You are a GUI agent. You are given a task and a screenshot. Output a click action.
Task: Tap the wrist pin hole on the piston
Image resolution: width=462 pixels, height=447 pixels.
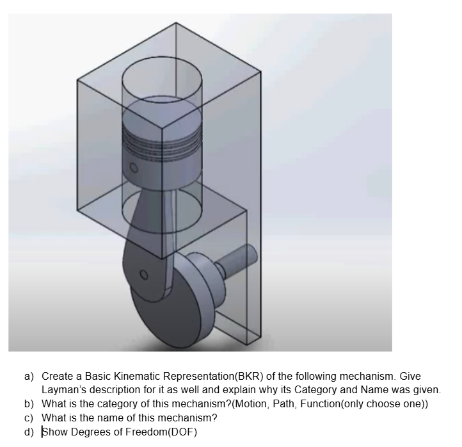pyautogui.click(x=134, y=168)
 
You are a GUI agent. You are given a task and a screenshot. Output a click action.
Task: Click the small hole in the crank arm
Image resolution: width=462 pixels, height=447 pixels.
pyautogui.click(x=144, y=277)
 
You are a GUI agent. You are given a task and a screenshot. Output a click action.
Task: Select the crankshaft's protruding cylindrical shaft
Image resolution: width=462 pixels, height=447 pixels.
pyautogui.click(x=236, y=259)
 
